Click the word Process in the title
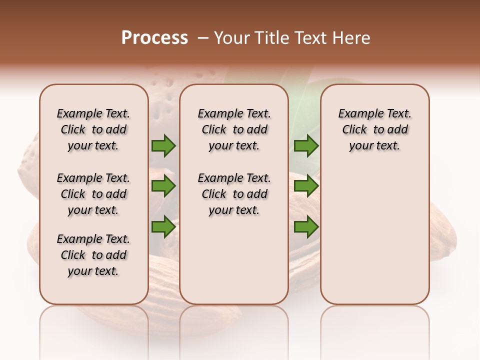(154, 38)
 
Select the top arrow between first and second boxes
(163, 146)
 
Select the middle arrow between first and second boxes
(163, 186)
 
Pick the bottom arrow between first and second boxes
(163, 226)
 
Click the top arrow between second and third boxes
(306, 146)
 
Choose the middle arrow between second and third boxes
(306, 186)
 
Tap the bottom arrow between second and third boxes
(306, 226)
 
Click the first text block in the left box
(93, 129)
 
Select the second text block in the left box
(93, 194)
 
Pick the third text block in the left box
(93, 255)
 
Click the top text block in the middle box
(234, 129)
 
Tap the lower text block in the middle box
(234, 194)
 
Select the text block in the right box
(374, 129)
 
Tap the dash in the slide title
(203, 38)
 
